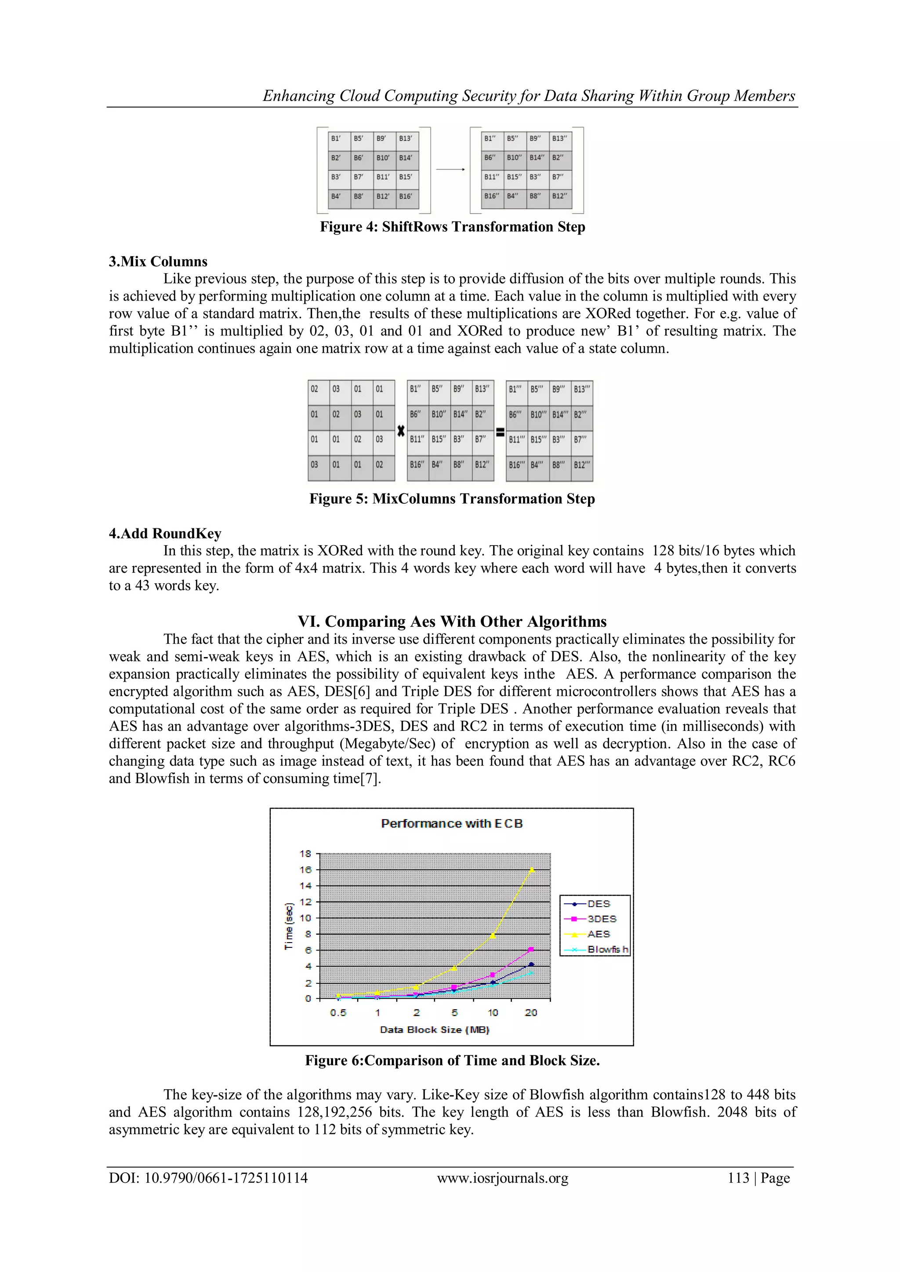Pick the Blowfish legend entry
tap(607, 949)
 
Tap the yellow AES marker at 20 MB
tap(531, 870)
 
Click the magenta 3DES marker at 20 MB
tap(531, 949)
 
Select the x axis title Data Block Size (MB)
tap(435, 1030)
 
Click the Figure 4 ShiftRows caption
tap(452, 227)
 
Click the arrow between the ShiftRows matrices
tap(450, 170)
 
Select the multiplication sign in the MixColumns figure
tap(401, 430)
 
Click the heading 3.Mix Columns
tap(158, 261)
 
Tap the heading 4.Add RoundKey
tap(165, 534)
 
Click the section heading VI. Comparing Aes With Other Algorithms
tap(452, 621)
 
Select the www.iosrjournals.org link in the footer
tap(503, 1178)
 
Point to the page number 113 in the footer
tap(738, 1178)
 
